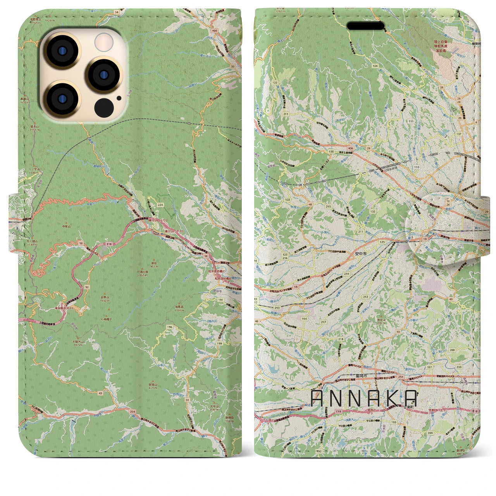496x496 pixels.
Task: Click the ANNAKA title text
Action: tap(364, 398)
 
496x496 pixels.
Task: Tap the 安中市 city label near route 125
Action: tap(360, 254)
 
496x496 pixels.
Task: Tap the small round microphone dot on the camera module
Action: tap(119, 98)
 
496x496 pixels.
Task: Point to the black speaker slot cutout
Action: tap(365, 26)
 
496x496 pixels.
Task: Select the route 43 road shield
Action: tap(101, 393)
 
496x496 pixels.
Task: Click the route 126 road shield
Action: tap(375, 66)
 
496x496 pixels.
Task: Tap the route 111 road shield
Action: tap(411, 121)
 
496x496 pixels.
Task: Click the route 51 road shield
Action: tap(187, 400)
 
